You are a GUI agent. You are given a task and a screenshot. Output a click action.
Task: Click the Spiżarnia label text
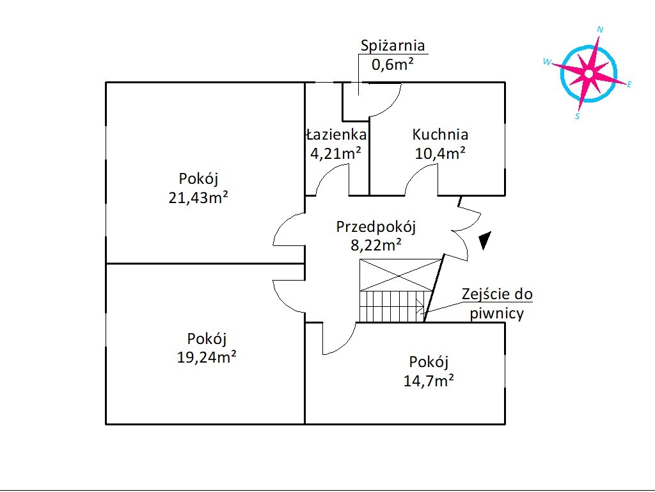(x=393, y=46)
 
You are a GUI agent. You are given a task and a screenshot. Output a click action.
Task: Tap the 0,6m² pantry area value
(x=393, y=65)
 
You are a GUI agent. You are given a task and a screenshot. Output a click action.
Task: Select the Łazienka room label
(x=336, y=135)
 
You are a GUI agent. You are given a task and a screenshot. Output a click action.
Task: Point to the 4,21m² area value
(x=336, y=154)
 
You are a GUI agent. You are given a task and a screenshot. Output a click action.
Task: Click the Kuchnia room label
(x=440, y=135)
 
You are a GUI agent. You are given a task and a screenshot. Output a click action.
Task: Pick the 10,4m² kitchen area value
(x=440, y=154)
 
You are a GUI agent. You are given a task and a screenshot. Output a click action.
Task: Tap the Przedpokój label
(x=376, y=227)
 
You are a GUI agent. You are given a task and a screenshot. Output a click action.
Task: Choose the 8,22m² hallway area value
(x=376, y=245)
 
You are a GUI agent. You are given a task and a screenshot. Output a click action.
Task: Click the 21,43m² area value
(x=198, y=197)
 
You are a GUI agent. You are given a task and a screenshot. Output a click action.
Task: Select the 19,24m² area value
(x=207, y=357)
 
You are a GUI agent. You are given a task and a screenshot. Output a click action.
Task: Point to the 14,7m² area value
(x=429, y=381)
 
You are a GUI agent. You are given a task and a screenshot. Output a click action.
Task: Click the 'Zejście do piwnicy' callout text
(x=497, y=304)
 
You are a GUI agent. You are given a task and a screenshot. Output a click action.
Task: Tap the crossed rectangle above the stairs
(x=401, y=275)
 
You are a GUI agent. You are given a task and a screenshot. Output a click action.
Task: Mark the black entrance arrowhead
(x=485, y=241)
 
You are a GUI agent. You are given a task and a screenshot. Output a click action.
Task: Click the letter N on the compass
(x=600, y=29)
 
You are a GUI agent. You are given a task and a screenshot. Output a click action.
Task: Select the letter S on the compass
(x=578, y=117)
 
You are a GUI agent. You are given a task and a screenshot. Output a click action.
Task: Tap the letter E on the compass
(x=629, y=85)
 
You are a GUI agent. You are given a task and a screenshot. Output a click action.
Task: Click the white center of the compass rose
(x=588, y=74)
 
